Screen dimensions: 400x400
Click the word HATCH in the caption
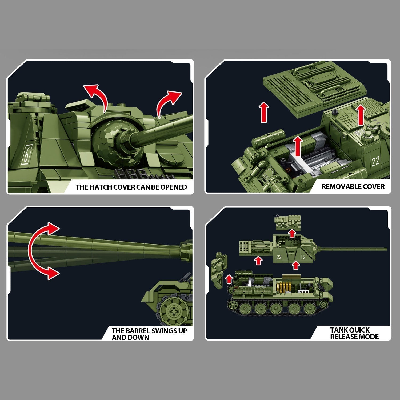pyautogui.click(x=101, y=187)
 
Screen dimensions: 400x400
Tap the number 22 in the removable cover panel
pyautogui.click(x=375, y=161)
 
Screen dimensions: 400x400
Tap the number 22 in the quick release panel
pyautogui.click(x=279, y=257)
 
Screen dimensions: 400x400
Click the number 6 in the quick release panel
pyautogui.click(x=303, y=257)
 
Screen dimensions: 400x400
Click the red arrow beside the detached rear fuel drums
pyautogui.click(x=229, y=279)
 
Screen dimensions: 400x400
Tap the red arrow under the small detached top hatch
pyautogui.click(x=292, y=233)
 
